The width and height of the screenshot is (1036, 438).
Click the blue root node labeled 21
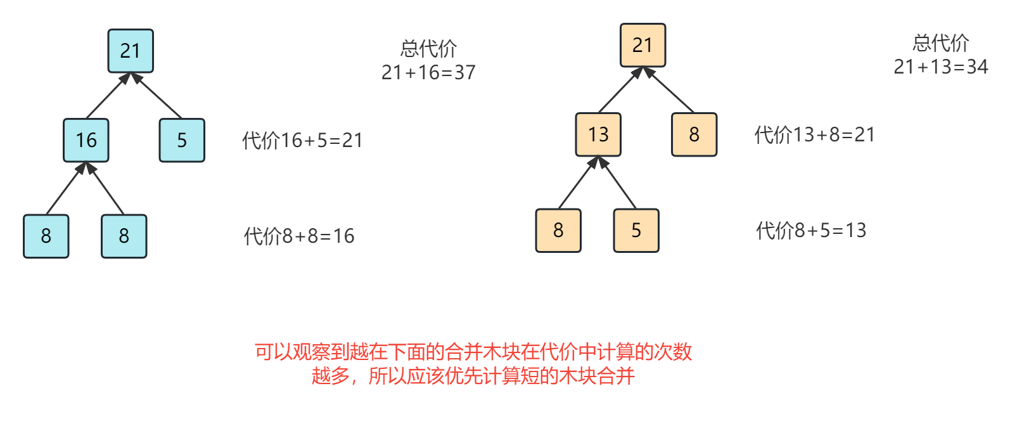click(131, 51)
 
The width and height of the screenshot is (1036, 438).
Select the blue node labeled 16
click(86, 140)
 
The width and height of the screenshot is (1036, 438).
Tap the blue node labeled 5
click(182, 140)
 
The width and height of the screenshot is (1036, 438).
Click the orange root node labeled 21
click(643, 45)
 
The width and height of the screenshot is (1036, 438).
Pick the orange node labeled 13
click(598, 134)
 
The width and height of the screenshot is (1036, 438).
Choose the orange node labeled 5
click(636, 230)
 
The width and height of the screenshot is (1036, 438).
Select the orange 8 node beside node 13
click(694, 134)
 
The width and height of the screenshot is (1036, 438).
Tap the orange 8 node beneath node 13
click(558, 230)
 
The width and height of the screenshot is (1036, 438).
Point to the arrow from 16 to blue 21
click(106, 96)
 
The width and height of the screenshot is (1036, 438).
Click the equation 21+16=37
click(428, 73)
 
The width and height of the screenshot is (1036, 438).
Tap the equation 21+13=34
click(941, 67)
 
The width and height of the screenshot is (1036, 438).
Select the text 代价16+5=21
click(302, 140)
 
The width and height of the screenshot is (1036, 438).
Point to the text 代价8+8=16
click(299, 236)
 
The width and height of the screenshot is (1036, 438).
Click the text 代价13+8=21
click(814, 134)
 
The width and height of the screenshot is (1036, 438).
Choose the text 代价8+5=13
click(811, 230)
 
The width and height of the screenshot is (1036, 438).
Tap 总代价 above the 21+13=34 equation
click(941, 43)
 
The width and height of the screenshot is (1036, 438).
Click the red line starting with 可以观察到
click(473, 351)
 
